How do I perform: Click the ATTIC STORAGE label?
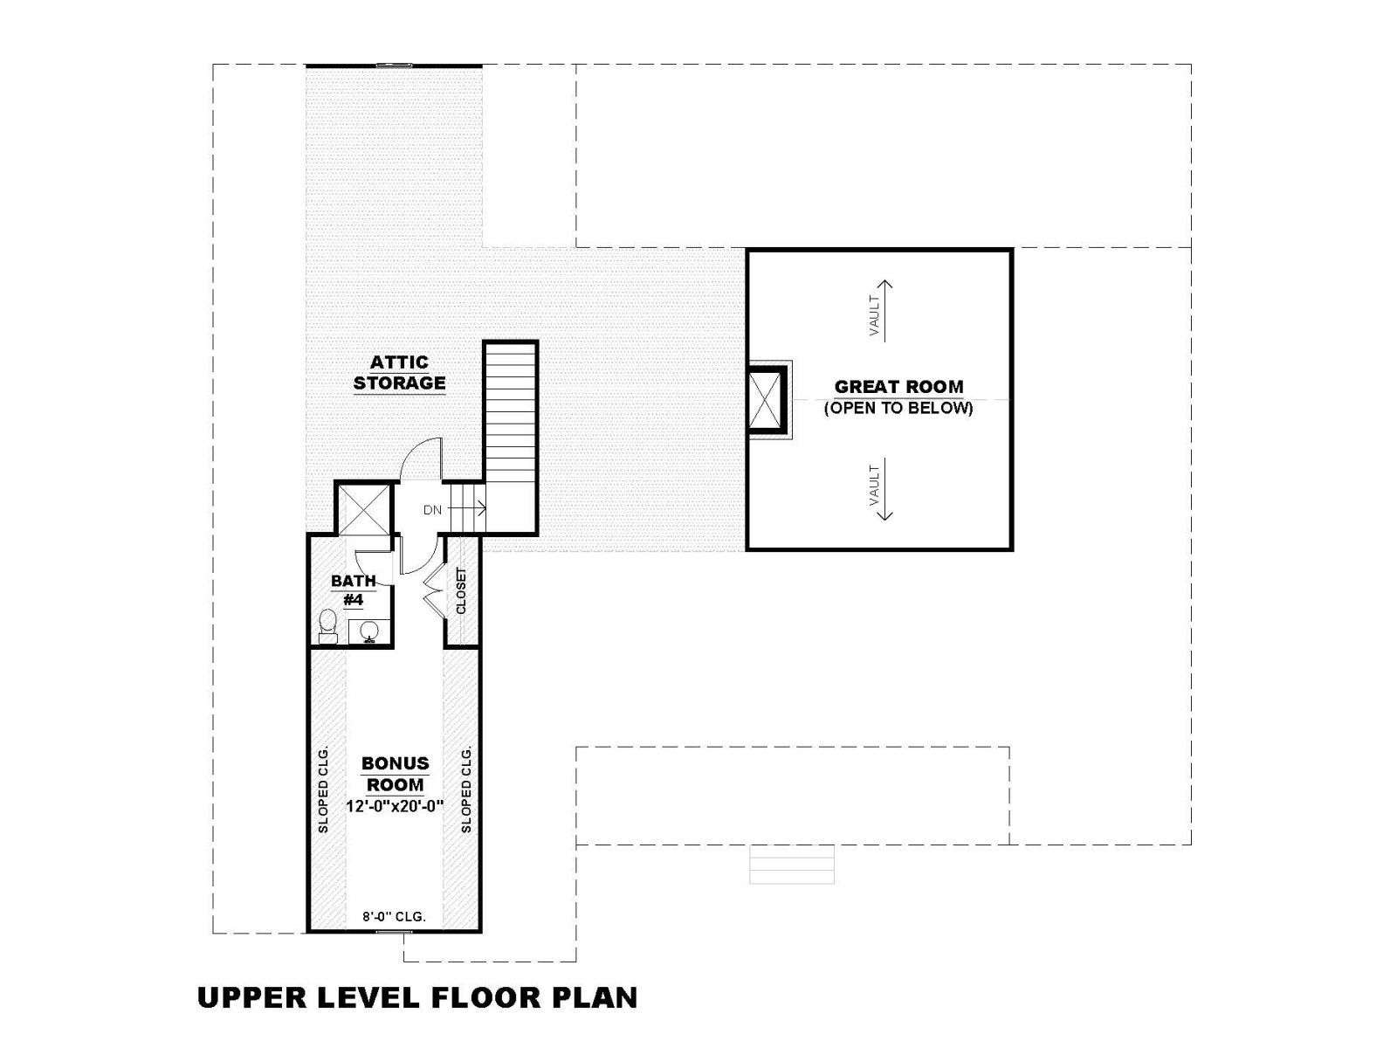[x=399, y=373]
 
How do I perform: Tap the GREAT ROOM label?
[x=898, y=387]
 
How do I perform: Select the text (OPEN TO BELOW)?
[x=898, y=408]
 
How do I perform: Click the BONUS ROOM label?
[x=396, y=774]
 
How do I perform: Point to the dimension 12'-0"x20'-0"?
[x=395, y=806]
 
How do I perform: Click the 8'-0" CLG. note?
[x=394, y=917]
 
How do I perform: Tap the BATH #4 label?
[x=354, y=589]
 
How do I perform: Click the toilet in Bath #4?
[x=327, y=627]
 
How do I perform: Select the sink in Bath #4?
[x=370, y=631]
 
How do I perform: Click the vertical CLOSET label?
[x=461, y=590]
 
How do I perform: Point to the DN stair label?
[x=432, y=510]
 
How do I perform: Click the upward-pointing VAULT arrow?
[x=884, y=311]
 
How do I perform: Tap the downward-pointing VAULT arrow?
[x=884, y=489]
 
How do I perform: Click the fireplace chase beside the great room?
[x=767, y=400]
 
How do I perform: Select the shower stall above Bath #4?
[x=362, y=510]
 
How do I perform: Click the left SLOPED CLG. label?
[x=323, y=789]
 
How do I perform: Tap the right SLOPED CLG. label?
[x=466, y=789]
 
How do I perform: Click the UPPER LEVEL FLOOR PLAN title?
[x=417, y=997]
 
